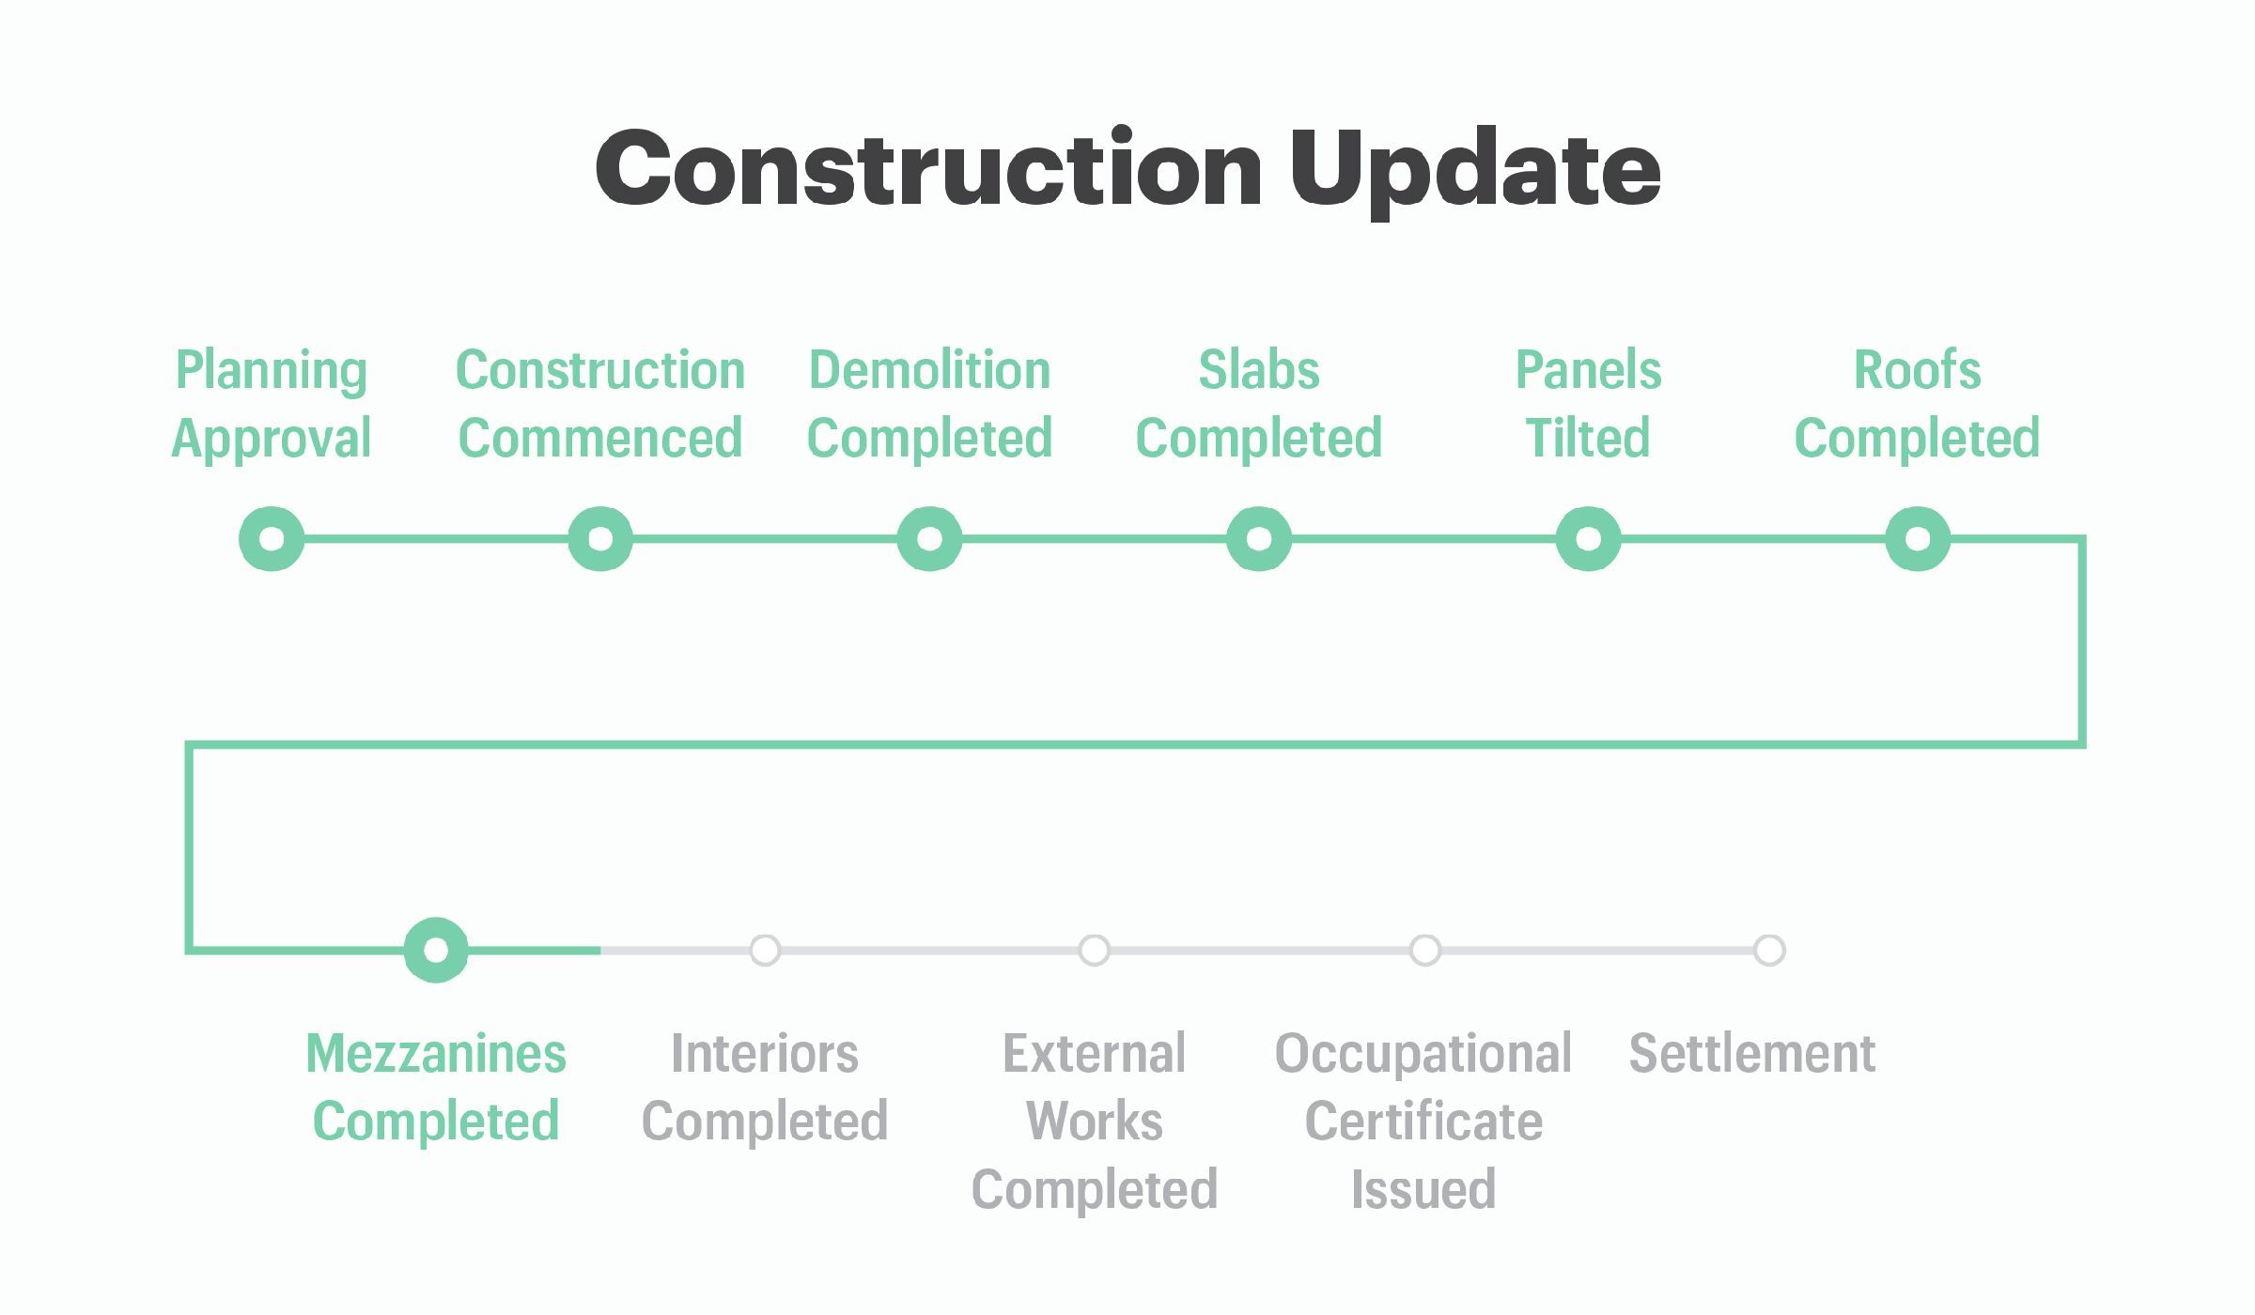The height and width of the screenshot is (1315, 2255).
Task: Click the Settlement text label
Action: coord(1752,1053)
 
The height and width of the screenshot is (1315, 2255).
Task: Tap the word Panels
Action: coord(1588,370)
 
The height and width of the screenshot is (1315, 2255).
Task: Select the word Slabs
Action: coord(1259,370)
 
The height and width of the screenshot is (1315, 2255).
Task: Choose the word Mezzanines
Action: coord(436,1053)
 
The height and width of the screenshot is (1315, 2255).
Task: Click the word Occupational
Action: coord(1423,1054)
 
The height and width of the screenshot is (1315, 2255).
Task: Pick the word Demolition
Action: coord(929,370)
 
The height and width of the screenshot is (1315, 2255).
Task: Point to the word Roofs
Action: coord(1917,370)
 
